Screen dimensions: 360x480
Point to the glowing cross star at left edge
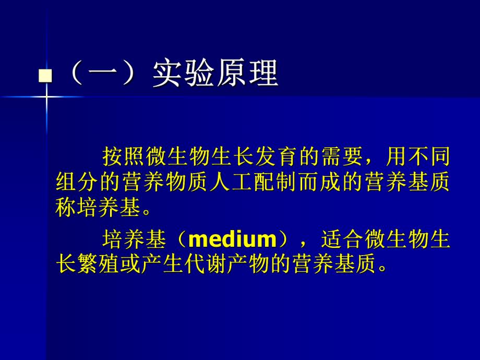46,97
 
